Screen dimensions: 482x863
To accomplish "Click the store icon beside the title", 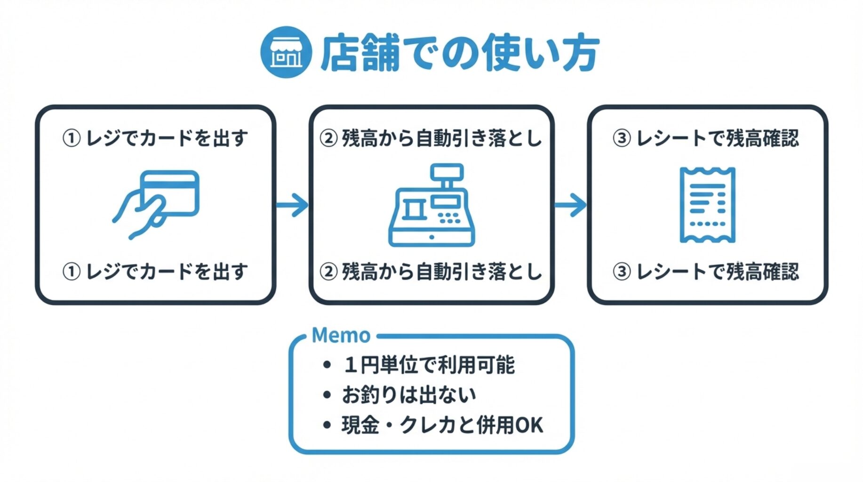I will (286, 52).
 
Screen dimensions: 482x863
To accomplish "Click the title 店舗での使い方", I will (460, 52).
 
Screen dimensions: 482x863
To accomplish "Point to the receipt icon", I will (707, 205).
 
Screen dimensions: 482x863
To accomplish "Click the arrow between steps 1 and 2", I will (293, 205).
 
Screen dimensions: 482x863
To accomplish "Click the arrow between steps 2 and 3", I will (571, 205).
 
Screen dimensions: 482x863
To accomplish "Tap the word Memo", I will (341, 336).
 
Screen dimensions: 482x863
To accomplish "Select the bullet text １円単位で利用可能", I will (429, 365).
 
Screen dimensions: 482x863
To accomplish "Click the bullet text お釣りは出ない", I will (408, 395).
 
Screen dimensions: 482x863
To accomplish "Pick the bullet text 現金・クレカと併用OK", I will (442, 425).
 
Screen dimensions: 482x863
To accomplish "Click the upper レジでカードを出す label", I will (155, 138).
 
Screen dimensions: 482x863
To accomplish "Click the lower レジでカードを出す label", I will (155, 272).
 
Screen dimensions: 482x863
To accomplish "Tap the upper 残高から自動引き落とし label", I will (431, 138).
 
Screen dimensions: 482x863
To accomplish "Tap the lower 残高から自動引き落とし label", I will (431, 272).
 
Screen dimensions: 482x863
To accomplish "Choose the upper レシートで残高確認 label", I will (706, 138).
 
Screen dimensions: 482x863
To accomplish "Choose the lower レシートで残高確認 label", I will (706, 272).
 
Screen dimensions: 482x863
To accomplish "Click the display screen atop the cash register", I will (447, 172).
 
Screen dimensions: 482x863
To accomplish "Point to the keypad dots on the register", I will (449, 218).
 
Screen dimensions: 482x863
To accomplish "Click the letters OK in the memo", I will (529, 425).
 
